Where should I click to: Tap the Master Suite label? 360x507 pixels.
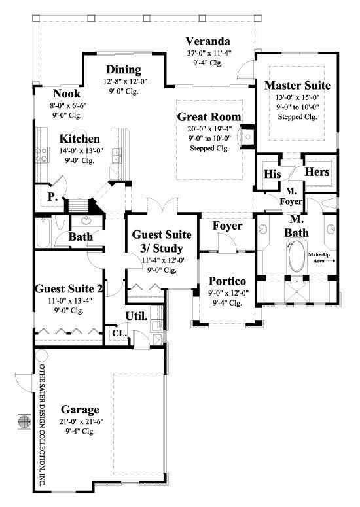click(x=297, y=85)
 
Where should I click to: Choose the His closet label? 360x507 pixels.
click(x=272, y=174)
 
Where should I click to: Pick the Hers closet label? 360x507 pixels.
click(x=317, y=172)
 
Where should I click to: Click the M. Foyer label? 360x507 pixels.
click(x=291, y=196)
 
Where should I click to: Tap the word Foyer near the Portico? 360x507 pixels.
click(x=227, y=226)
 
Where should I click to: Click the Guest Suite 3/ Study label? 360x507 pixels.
click(x=162, y=241)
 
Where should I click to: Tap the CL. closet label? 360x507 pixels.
click(x=118, y=332)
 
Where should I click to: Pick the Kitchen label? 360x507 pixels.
click(x=80, y=139)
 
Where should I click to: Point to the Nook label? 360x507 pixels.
click(x=67, y=94)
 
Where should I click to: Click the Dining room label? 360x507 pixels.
click(x=123, y=70)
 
